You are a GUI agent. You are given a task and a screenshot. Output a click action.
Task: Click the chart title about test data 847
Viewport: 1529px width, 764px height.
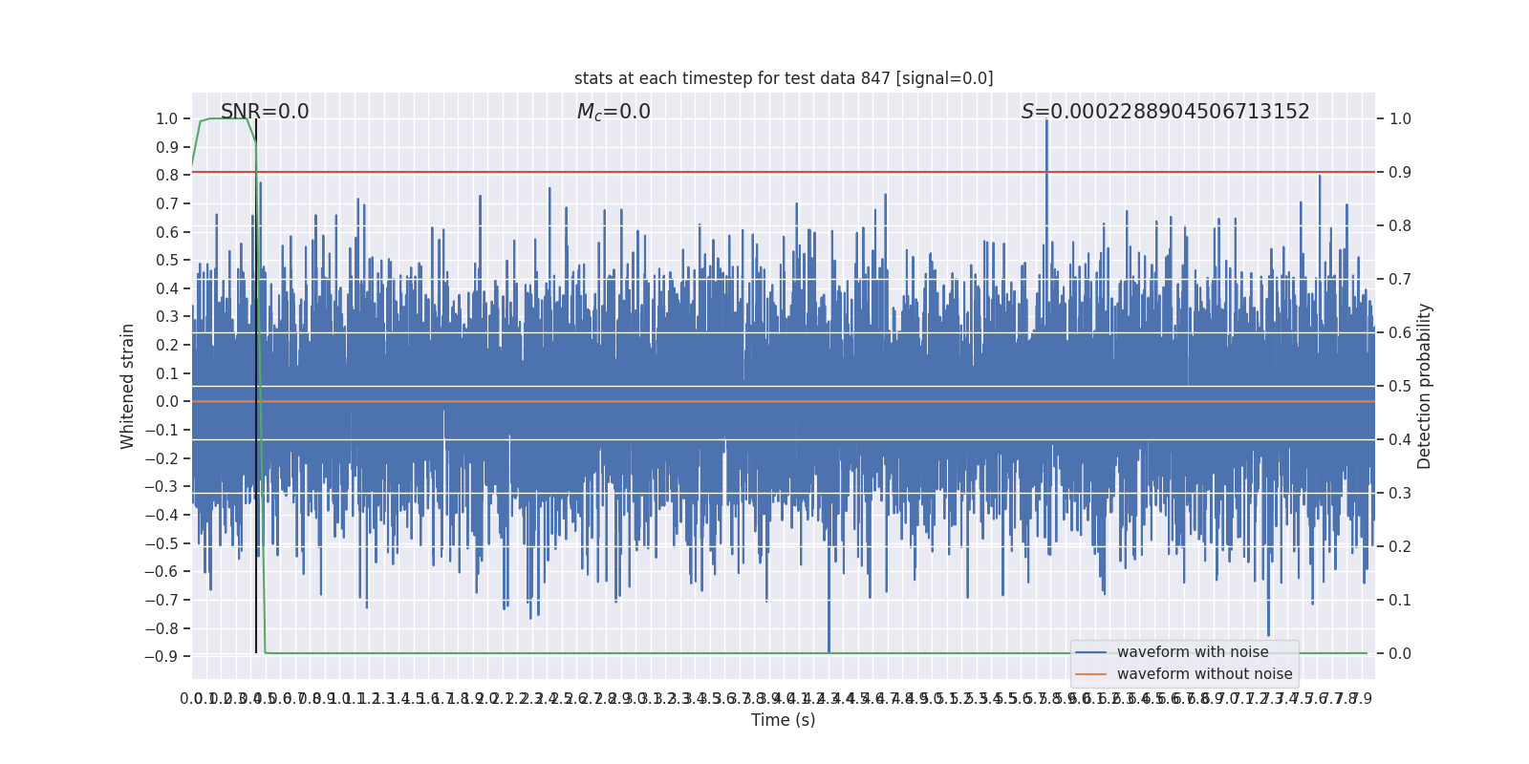(784, 78)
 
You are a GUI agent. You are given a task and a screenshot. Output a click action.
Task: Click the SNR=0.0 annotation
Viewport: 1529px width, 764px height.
(265, 112)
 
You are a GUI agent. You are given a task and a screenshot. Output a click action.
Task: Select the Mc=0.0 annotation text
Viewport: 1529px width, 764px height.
(614, 112)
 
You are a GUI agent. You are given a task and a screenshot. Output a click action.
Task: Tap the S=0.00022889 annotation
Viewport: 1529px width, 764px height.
(1165, 112)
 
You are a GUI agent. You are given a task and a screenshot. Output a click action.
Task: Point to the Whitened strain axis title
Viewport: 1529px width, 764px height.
(128, 386)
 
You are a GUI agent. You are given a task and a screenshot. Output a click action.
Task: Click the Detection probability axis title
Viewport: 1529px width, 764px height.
(1425, 386)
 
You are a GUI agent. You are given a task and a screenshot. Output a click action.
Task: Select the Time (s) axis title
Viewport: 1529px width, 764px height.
(783, 720)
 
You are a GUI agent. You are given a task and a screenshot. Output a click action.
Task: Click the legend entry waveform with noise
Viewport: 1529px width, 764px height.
(1192, 652)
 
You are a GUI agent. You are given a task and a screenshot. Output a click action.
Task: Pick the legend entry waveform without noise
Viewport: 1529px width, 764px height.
(1203, 674)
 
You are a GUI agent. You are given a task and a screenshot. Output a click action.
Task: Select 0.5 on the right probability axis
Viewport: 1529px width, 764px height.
(1400, 387)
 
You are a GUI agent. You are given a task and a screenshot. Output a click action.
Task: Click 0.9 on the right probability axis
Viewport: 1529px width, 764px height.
(1400, 173)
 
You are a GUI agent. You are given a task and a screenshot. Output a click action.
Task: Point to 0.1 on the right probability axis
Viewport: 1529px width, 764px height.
(1400, 601)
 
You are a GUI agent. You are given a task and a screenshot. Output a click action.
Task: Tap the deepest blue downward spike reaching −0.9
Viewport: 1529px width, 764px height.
(829, 640)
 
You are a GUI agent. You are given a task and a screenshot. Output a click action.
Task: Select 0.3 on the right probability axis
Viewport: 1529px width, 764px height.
(1400, 494)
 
